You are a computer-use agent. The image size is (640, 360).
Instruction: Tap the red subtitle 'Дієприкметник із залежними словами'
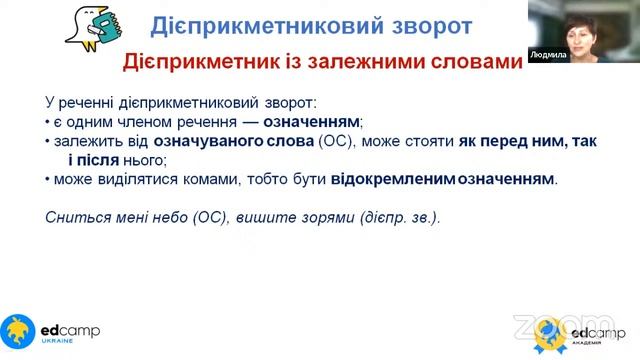(x=322, y=63)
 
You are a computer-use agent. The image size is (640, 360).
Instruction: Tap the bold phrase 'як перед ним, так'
(x=527, y=141)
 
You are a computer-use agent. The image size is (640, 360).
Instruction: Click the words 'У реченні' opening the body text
(x=77, y=102)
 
